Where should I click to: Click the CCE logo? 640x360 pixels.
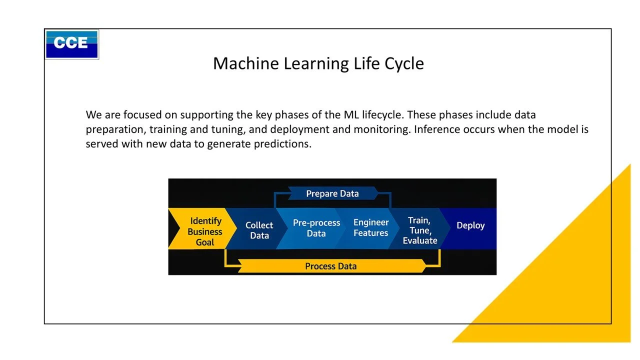click(x=72, y=44)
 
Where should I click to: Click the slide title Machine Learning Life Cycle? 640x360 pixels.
click(x=318, y=63)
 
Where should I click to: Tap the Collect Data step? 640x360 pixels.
click(x=259, y=230)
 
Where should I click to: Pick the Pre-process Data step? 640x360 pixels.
click(x=316, y=228)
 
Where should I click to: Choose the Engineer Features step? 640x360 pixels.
click(x=370, y=227)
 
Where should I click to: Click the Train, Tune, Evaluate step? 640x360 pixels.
click(x=419, y=230)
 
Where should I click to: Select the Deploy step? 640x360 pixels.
click(x=470, y=225)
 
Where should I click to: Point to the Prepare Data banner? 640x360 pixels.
click(x=332, y=193)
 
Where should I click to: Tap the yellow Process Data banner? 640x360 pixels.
click(x=330, y=266)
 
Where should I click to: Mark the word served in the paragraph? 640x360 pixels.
click(x=101, y=144)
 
